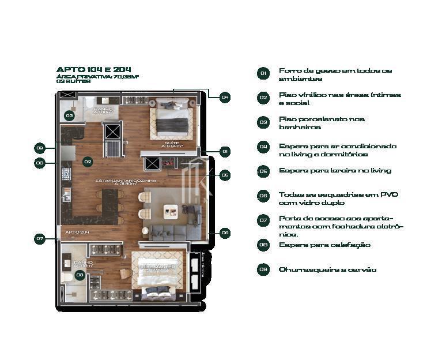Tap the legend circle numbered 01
(x=263, y=73)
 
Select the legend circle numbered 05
(x=263, y=171)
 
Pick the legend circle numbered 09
(x=263, y=269)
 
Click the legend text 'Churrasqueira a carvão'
(x=327, y=269)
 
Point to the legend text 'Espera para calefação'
(x=324, y=245)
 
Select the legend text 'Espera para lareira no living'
(x=335, y=171)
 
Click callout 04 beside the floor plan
(x=225, y=97)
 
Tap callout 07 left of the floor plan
(x=40, y=238)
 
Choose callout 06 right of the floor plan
(x=225, y=233)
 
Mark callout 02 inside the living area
(x=88, y=162)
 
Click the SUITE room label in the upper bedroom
(x=172, y=143)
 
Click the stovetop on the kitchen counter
(x=66, y=174)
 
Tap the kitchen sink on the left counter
(x=67, y=194)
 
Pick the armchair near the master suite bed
(x=126, y=273)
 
